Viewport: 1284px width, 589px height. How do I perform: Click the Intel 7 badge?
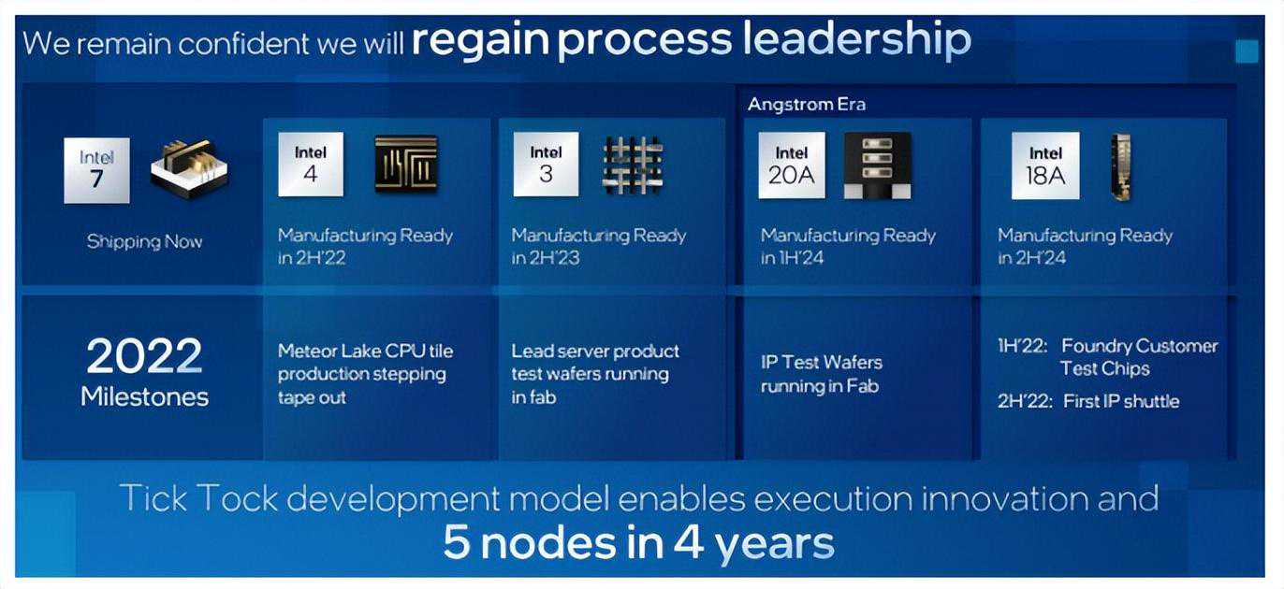[x=97, y=170]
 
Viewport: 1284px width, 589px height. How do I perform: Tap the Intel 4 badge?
[x=311, y=165]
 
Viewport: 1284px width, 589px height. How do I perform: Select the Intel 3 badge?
[x=546, y=165]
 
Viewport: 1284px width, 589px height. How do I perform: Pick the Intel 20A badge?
[x=792, y=165]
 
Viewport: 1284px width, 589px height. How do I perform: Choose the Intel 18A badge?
[x=1045, y=166]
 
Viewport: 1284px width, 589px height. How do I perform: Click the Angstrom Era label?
[x=807, y=104]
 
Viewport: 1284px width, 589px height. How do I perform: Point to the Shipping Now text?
[x=144, y=241]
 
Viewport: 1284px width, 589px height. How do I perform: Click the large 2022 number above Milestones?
[x=144, y=355]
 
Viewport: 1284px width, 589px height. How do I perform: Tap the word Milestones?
[x=144, y=396]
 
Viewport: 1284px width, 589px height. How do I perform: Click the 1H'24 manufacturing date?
[x=801, y=258]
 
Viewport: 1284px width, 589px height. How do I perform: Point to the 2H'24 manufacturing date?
[x=1041, y=258]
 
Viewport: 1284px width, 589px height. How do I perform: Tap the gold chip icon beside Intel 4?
[x=406, y=164]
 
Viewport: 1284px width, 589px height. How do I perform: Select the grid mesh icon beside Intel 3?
[x=633, y=165]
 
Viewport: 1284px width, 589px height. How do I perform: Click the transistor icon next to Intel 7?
[x=189, y=169]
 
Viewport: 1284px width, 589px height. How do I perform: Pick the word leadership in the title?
[x=857, y=39]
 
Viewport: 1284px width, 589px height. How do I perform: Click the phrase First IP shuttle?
[x=1121, y=401]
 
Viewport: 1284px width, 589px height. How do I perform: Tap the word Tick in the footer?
[x=153, y=498]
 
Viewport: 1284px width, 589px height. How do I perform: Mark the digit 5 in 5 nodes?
[x=457, y=541]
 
